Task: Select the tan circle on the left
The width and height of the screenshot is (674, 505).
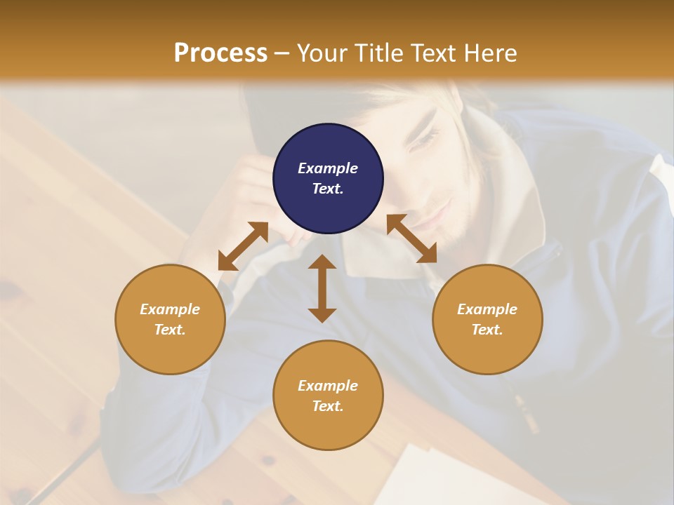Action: tap(170, 319)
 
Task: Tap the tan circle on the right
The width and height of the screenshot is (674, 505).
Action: tap(487, 319)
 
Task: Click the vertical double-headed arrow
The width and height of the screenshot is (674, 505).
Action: tap(322, 288)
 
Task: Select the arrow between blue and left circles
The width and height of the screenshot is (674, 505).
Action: tap(243, 246)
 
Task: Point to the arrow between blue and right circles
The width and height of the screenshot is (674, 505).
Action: tap(411, 238)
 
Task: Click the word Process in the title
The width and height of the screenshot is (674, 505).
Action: tap(220, 53)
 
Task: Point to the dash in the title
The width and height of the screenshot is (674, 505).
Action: tap(282, 53)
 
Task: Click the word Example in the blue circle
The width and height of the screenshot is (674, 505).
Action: tap(328, 168)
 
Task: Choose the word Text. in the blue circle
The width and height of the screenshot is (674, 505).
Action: tap(328, 189)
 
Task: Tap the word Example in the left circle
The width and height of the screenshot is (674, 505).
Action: tap(170, 309)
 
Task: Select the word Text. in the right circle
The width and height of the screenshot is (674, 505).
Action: tap(487, 330)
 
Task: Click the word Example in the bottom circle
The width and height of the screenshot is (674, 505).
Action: tap(328, 386)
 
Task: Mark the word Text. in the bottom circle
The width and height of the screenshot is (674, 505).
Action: tap(328, 406)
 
